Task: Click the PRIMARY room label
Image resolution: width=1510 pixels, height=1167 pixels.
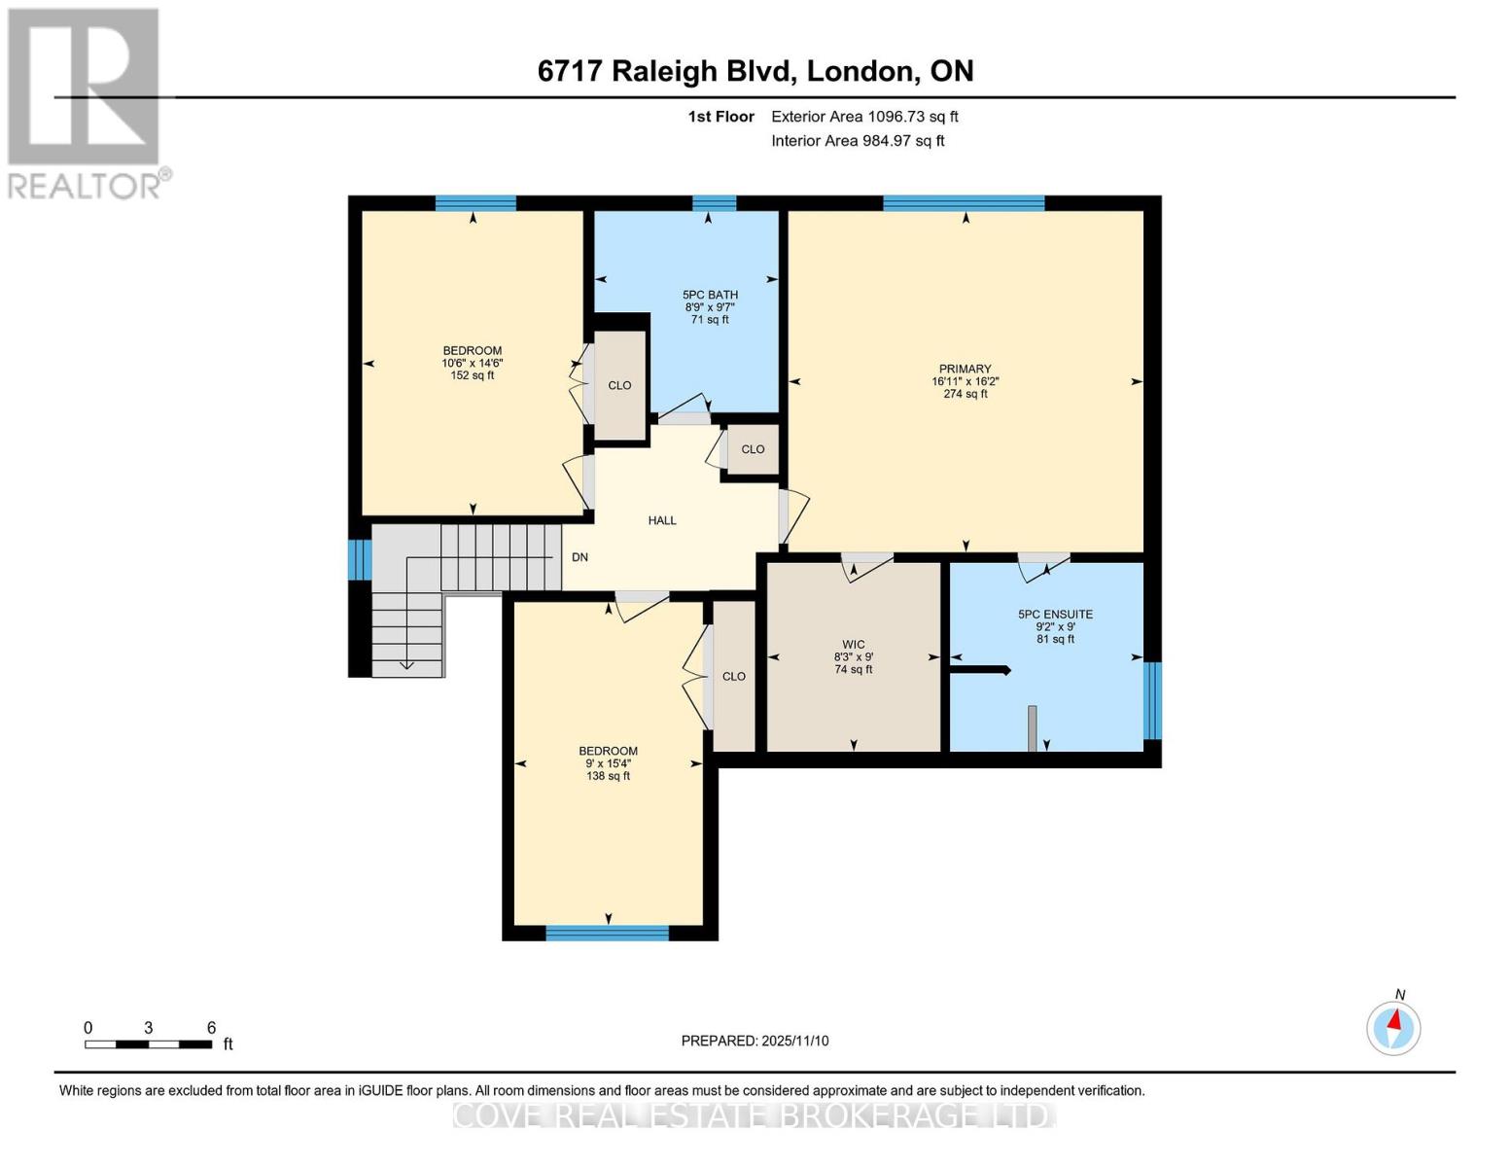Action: click(965, 370)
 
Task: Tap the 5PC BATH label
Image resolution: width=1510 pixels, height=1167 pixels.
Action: click(710, 295)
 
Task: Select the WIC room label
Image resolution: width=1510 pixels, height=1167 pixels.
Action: click(854, 645)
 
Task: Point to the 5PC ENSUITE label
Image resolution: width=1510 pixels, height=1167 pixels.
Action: click(1055, 615)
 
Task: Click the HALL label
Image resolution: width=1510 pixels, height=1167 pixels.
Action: click(662, 521)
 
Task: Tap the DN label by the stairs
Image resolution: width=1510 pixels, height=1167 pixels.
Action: click(579, 558)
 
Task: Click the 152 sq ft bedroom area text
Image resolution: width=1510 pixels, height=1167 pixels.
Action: click(473, 376)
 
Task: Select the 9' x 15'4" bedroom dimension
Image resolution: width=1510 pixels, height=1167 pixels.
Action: click(609, 763)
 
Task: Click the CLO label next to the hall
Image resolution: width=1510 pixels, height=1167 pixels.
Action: click(753, 449)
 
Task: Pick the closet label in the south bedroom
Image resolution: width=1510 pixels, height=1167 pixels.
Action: click(734, 677)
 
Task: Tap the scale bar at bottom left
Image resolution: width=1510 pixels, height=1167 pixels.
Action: click(148, 1044)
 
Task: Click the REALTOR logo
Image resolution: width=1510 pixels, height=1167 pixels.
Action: click(85, 102)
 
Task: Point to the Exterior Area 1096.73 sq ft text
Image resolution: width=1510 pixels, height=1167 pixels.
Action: click(864, 117)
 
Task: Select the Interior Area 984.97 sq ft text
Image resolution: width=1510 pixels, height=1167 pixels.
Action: click(858, 141)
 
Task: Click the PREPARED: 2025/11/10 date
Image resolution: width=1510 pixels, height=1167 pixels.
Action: click(755, 1041)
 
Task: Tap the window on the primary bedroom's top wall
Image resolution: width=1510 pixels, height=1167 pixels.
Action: click(964, 203)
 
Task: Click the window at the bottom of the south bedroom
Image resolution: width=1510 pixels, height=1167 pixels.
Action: click(607, 934)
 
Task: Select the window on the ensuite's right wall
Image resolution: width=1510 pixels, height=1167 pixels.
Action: click(1152, 700)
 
